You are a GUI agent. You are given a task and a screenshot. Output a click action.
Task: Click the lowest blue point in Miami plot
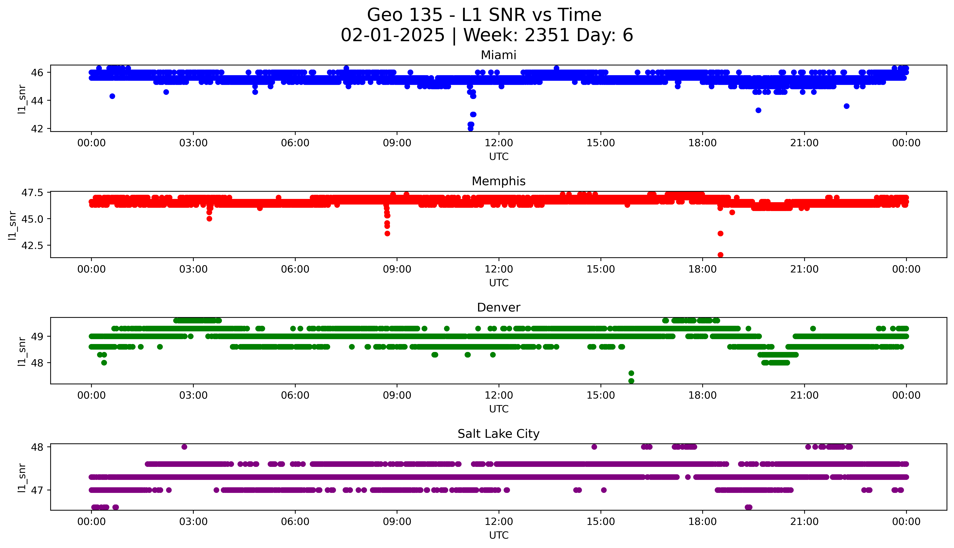pyautogui.click(x=470, y=128)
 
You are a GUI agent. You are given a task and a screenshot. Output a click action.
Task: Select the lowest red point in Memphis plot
pyautogui.click(x=720, y=255)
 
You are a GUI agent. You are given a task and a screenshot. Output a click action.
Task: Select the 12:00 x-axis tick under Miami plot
pyautogui.click(x=499, y=143)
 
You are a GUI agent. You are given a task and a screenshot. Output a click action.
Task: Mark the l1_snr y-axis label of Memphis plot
pyautogui.click(x=12, y=225)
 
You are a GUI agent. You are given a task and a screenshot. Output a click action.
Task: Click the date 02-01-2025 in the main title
pyautogui.click(x=393, y=35)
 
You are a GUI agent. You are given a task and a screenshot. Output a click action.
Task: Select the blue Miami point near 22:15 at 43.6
pyautogui.click(x=846, y=106)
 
